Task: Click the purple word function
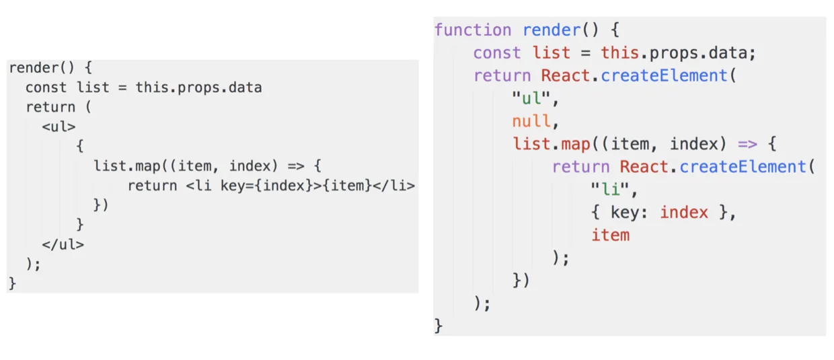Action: [x=473, y=30]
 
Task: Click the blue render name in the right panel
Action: [x=552, y=30]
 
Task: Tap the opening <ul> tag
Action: [x=59, y=127]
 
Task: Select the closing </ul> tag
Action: [x=63, y=244]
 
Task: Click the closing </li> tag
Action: [x=393, y=185]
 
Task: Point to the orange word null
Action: [x=531, y=121]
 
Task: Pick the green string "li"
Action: [x=610, y=189]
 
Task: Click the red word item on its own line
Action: [x=610, y=235]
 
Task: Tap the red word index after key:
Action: [x=684, y=213]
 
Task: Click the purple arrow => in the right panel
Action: [x=747, y=144]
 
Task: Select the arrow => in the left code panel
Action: [x=296, y=166]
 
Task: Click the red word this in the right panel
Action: [x=620, y=52]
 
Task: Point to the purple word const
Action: [x=496, y=52]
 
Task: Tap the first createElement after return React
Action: [x=664, y=75]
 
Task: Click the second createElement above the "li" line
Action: [x=743, y=167]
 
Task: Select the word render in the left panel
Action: [x=34, y=68]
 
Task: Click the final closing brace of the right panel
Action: [x=439, y=326]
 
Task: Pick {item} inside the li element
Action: [x=347, y=185]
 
